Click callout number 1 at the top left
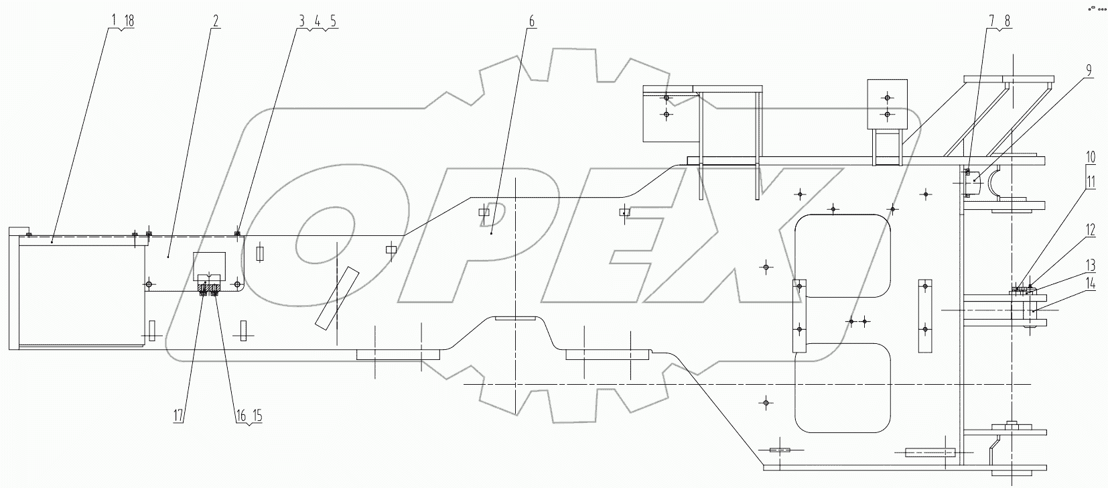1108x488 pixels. click(115, 21)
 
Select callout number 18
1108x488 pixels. click(129, 21)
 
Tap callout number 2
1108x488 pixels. click(216, 21)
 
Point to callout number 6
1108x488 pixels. click(532, 21)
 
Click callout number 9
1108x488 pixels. click(1089, 69)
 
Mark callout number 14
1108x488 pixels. click(1091, 284)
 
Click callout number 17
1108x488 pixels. click(178, 416)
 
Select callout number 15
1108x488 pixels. click(257, 416)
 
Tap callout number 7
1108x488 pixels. click(991, 21)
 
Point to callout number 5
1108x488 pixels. click(333, 21)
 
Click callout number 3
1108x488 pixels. click(302, 21)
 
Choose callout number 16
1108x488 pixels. click(240, 416)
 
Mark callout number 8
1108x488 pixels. click(1006, 21)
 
